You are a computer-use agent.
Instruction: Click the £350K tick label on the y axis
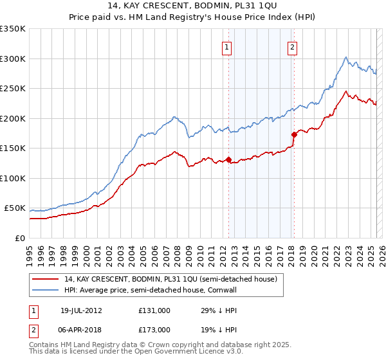coord(13,29)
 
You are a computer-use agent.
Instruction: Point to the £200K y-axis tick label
coord(13,118)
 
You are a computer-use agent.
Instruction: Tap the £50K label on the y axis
coord(15,208)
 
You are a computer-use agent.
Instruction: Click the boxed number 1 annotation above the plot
coord(228,46)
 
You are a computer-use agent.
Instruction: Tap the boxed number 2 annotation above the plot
coord(293,46)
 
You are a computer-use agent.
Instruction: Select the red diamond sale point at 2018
coord(294,135)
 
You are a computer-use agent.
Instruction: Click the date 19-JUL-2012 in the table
coord(81,310)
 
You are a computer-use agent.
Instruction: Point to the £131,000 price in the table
coord(154,310)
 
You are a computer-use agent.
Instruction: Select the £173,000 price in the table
coord(154,329)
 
